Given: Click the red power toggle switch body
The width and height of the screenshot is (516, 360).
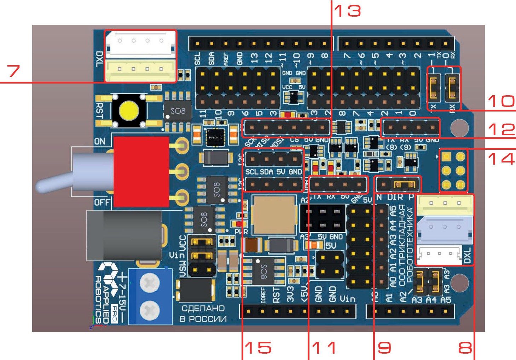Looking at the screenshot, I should pyautogui.click(x=141, y=171).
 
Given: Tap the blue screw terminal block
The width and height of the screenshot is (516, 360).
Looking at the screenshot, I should pyautogui.click(x=150, y=297).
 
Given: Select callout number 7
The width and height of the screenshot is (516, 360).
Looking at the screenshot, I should pyautogui.click(x=14, y=71).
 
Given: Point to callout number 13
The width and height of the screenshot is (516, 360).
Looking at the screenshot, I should pyautogui.click(x=348, y=11).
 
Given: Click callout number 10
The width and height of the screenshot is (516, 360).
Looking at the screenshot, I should pyautogui.click(x=501, y=101).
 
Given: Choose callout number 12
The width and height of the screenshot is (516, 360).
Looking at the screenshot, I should pyautogui.click(x=501, y=130).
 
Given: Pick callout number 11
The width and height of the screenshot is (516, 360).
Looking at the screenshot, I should pyautogui.click(x=324, y=348).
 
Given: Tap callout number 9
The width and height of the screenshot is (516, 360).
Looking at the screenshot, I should pyautogui.click(x=384, y=348).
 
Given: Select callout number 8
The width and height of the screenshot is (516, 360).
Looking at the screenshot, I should pyautogui.click(x=465, y=348).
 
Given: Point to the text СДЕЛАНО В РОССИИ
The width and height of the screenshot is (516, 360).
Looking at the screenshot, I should pyautogui.click(x=203, y=314).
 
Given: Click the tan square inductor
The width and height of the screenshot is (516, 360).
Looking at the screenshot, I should pyautogui.click(x=274, y=215).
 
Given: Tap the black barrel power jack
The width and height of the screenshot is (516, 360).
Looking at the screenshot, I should pyautogui.click(x=124, y=235).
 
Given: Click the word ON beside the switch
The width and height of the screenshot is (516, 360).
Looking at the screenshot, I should pyautogui.click(x=100, y=142).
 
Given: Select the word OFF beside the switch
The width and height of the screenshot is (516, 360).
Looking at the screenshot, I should pyautogui.click(x=102, y=202).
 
